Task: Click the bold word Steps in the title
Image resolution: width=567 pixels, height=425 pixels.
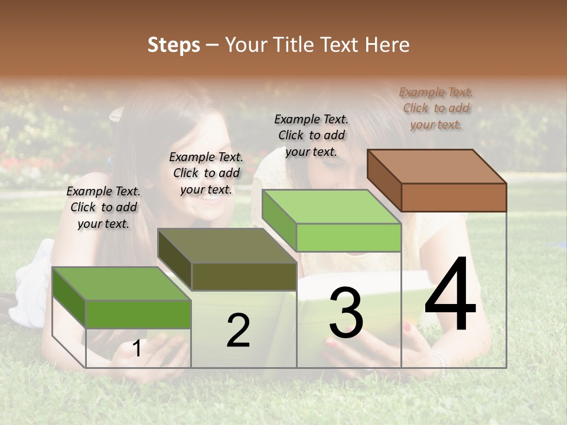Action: [173, 45]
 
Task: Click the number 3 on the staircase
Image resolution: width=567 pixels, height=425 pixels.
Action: [346, 312]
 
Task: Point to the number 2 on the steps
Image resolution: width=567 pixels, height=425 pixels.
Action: [238, 331]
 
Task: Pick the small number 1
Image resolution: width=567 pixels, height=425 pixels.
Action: [136, 349]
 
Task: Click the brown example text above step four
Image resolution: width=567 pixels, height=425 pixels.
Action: [436, 108]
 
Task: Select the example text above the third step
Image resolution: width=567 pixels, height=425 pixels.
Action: [311, 135]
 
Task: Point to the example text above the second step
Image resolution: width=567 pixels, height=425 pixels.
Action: [206, 173]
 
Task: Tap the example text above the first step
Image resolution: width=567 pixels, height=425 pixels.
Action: [103, 207]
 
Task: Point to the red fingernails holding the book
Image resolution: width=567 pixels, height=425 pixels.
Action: [407, 326]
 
